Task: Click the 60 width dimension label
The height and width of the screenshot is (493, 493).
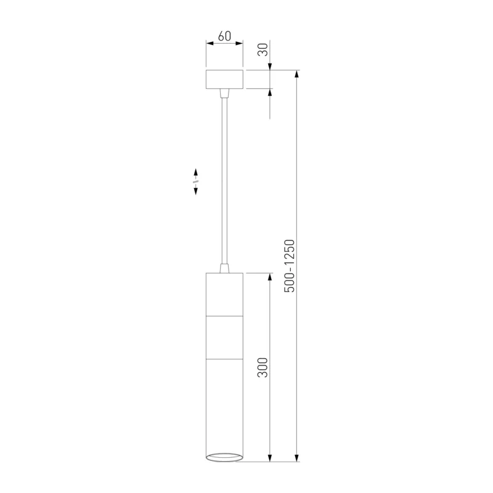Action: [x=224, y=36]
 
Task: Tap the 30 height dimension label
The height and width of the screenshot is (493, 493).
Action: [x=263, y=50]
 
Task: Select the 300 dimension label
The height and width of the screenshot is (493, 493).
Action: [x=263, y=367]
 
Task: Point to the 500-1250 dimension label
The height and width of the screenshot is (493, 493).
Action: [x=289, y=266]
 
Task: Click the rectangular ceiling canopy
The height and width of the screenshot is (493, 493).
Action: [x=224, y=79]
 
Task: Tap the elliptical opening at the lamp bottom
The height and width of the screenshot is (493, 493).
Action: [x=224, y=457]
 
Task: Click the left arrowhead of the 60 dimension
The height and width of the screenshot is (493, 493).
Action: [x=210, y=43]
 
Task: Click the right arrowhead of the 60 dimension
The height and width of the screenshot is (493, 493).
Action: [x=239, y=43]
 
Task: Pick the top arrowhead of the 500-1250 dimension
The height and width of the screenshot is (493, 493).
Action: [x=296, y=74]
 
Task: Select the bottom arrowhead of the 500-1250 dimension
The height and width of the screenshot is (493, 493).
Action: [x=296, y=458]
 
